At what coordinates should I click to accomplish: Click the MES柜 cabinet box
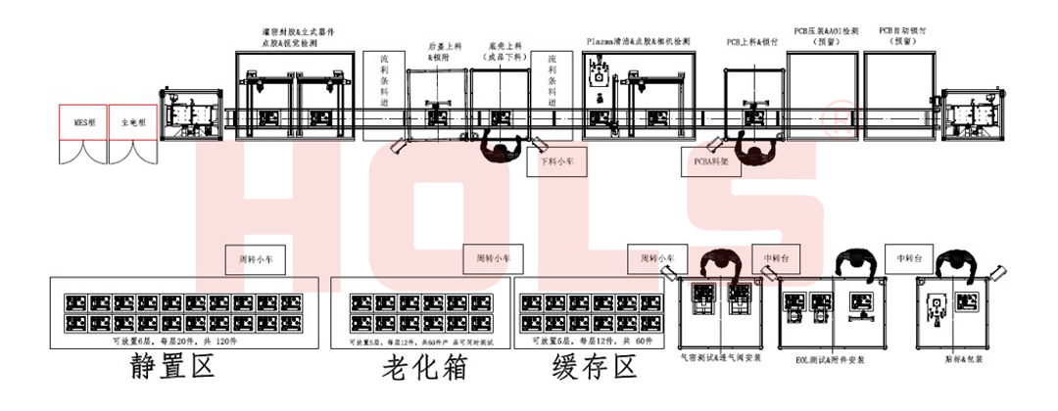click(82, 123)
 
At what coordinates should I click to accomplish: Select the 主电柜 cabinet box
click(131, 123)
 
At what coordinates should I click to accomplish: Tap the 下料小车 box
click(556, 163)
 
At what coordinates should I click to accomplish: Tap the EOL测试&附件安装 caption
click(831, 359)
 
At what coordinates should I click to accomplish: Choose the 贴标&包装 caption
click(947, 359)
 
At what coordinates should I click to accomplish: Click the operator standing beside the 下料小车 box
click(503, 149)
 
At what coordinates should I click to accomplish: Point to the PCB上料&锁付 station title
click(752, 42)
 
